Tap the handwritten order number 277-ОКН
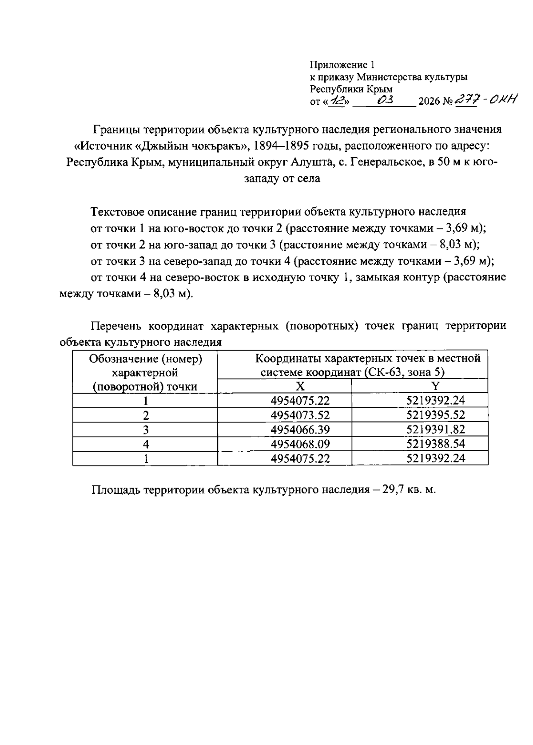coord(486,101)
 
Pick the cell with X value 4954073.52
coord(300,415)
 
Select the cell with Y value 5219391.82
coord(435,430)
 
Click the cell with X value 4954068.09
coord(300,444)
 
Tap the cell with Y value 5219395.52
coord(435,415)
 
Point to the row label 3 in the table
coord(145,430)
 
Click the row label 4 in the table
coord(145,444)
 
